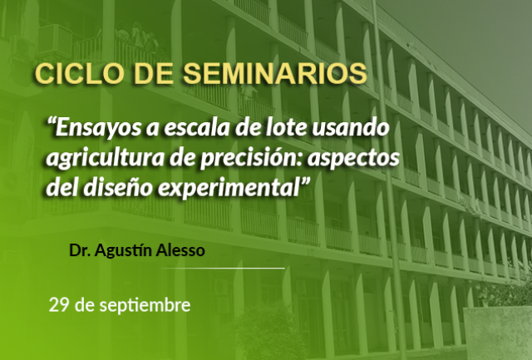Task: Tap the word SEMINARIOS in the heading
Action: click(275, 73)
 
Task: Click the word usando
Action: click(351, 127)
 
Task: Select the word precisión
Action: click(251, 158)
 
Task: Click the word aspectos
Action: click(353, 159)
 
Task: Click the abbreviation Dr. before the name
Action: click(80, 251)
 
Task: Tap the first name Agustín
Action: click(124, 251)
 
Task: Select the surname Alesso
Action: click(180, 251)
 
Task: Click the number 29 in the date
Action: click(59, 305)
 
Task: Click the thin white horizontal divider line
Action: click(223, 268)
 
